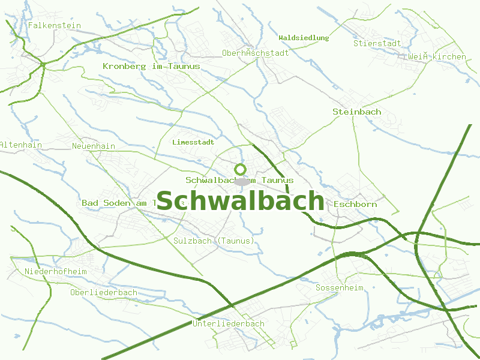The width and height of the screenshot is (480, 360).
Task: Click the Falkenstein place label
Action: coord(54,25)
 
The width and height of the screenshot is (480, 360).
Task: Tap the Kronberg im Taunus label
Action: coord(151,66)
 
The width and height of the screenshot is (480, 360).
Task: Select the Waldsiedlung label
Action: coord(304,38)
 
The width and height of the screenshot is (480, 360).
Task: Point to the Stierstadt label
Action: coord(377,43)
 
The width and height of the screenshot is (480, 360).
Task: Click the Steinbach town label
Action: coord(356,112)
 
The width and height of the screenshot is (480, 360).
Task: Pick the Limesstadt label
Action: coord(193,143)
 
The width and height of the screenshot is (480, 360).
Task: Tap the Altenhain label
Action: coord(20,145)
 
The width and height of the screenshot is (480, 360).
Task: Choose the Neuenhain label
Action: coord(93,146)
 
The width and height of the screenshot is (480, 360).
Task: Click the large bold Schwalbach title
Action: coord(240,201)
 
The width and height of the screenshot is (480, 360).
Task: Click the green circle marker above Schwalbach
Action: coord(241,169)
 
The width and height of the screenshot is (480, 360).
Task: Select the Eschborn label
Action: coord(355,204)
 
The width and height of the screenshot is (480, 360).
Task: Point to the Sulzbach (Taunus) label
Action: coord(214,241)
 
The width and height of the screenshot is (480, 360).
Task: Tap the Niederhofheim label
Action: coord(55,272)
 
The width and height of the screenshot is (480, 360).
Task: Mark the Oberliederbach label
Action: coord(103,292)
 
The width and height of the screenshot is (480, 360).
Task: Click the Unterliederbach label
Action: coord(228,323)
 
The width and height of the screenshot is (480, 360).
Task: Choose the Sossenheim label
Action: coord(339,288)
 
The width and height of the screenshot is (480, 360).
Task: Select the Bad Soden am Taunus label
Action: coord(120,203)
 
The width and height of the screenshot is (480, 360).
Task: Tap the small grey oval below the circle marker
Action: coord(241,181)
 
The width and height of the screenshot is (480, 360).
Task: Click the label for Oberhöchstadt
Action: coord(255,53)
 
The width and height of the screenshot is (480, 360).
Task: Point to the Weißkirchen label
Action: coord(436,56)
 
